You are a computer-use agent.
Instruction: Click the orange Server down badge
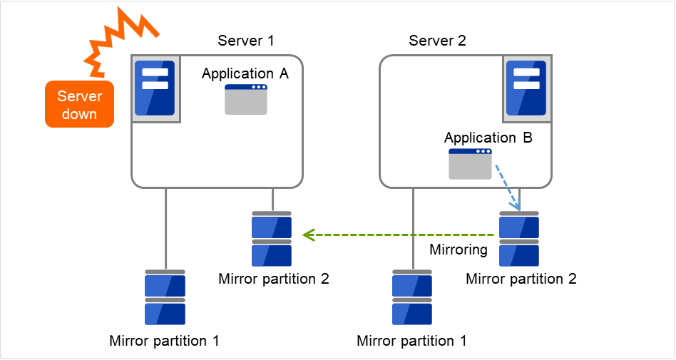(79, 104)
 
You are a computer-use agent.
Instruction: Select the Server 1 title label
(245, 40)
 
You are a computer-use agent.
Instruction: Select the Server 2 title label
(437, 40)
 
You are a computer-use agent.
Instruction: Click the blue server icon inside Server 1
(155, 88)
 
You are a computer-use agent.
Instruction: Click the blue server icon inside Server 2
(526, 88)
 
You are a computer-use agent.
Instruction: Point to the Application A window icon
(246, 99)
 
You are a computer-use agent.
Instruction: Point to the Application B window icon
(470, 164)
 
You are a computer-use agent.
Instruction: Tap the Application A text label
(245, 73)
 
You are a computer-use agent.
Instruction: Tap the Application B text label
(488, 138)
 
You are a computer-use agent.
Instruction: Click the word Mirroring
(458, 250)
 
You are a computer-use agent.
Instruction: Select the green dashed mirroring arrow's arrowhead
(308, 235)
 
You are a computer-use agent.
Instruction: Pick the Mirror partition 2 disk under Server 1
(272, 238)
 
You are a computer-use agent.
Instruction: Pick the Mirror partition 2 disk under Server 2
(519, 238)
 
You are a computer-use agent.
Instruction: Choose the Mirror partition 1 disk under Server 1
(165, 297)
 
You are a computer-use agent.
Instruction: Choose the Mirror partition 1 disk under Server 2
(412, 297)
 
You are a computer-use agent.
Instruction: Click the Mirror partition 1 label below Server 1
(164, 340)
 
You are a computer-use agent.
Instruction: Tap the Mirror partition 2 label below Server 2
(521, 278)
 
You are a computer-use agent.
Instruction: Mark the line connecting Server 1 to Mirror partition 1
(165, 228)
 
